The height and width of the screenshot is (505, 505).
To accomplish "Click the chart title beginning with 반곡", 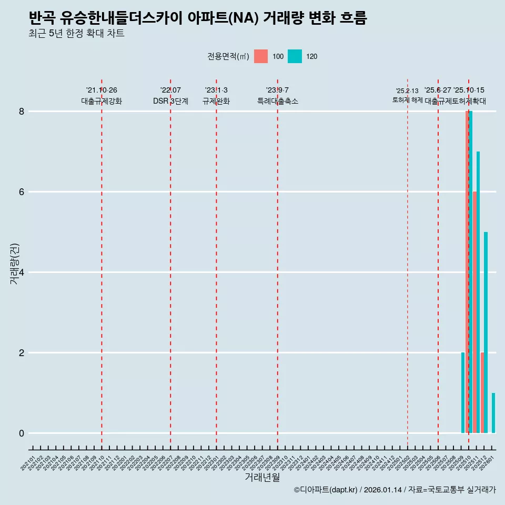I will point(197,18).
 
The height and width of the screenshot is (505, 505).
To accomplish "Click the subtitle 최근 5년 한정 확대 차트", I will point(76,34).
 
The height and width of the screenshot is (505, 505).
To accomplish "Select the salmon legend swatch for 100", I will point(260,56).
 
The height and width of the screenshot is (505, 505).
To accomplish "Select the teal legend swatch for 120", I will point(295,56).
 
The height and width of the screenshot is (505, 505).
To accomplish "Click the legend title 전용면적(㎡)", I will point(228,56).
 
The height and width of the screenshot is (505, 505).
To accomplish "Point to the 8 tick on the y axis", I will point(22,112).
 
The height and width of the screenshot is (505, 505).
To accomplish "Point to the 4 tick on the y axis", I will point(22,272).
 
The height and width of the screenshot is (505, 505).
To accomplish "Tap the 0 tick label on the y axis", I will point(22,433).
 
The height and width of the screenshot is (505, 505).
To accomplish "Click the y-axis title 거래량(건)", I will point(14,264).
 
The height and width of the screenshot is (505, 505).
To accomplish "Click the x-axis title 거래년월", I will point(262,477).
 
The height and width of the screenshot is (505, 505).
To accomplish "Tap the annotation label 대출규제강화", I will point(102,101).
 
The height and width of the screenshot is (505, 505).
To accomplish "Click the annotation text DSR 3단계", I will point(170,101).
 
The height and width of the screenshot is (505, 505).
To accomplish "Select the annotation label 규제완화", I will point(216,101).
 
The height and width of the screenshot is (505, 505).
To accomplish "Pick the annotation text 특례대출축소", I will point(278,101).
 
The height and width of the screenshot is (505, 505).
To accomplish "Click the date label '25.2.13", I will point(407,91).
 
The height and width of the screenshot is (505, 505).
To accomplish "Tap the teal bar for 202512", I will point(486,332).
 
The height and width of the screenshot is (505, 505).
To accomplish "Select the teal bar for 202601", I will point(493,413).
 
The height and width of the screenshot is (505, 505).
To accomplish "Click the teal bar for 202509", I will point(463,393).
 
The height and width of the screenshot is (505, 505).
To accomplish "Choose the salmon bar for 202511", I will point(474,312).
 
